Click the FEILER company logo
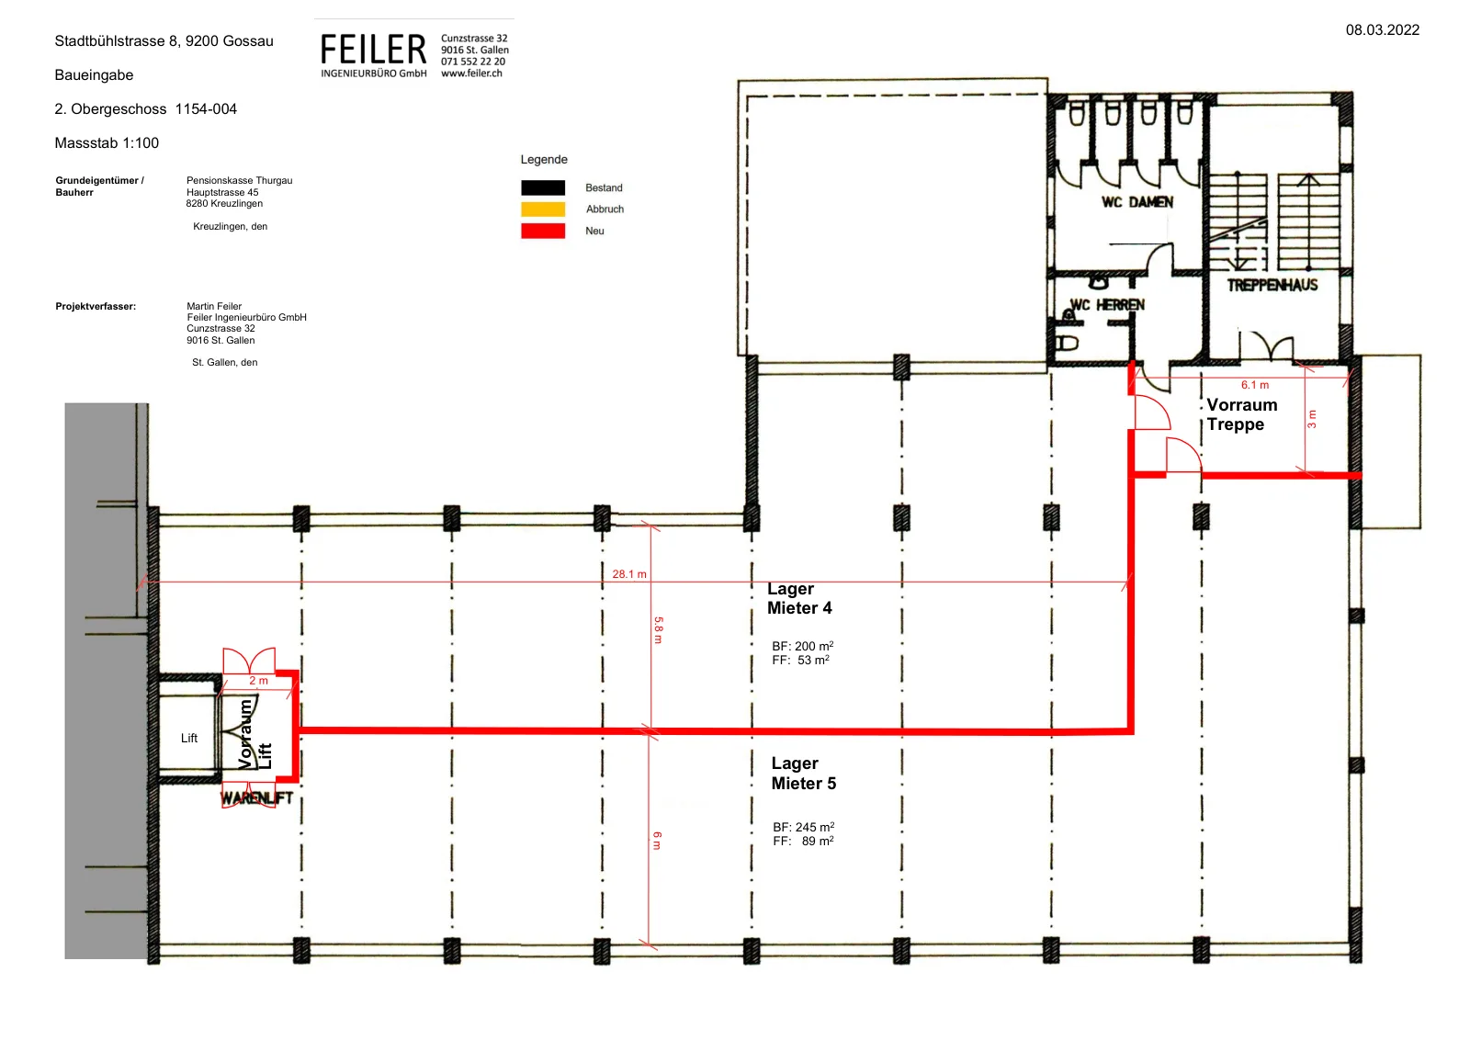point(373,56)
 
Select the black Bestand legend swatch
point(543,187)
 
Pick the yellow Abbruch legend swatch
point(543,209)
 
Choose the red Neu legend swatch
point(543,231)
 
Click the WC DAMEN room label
point(1137,202)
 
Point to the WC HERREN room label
point(1107,305)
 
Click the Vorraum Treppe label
point(1241,414)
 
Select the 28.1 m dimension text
point(628,574)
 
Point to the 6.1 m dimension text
point(1254,385)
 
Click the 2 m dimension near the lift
point(258,681)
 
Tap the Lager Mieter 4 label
point(799,598)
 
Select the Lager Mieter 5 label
point(803,774)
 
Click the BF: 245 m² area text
point(803,827)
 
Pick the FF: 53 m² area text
point(800,660)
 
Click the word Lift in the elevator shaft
point(189,738)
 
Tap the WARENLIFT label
point(256,798)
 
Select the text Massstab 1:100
point(107,143)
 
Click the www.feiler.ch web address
point(471,73)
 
